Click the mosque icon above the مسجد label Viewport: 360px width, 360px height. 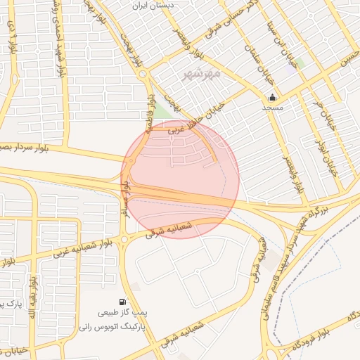[272, 97]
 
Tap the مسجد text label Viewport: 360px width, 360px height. [272, 108]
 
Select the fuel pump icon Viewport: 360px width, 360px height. [124, 302]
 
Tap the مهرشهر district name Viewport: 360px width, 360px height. [200, 73]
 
